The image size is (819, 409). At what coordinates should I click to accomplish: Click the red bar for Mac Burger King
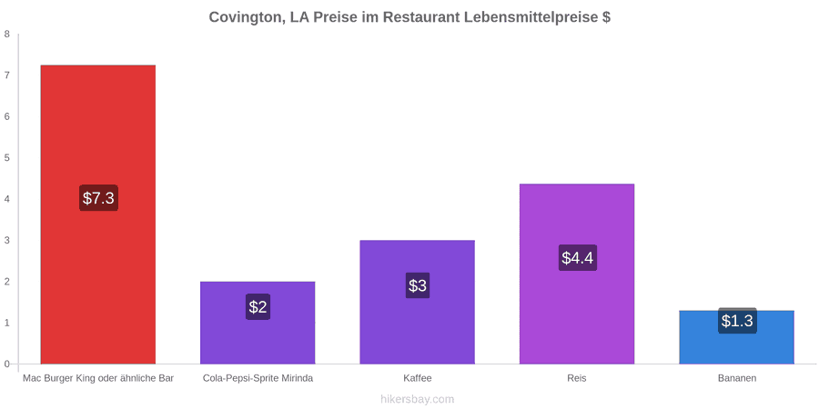pos(98,214)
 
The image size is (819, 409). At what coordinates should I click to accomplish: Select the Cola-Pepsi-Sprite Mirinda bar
pos(258,323)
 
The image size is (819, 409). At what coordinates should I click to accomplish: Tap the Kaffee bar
pos(418,302)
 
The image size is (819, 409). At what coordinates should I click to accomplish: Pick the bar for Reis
pos(577,274)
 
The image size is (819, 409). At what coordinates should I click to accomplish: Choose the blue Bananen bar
pos(736,337)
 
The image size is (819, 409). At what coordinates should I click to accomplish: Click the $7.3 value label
pos(98,198)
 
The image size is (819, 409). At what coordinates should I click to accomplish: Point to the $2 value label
pos(258,307)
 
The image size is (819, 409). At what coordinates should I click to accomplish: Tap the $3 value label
pos(418,285)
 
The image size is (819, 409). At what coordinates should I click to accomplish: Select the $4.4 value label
pos(578,258)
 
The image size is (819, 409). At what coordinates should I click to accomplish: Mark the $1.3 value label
pos(737,321)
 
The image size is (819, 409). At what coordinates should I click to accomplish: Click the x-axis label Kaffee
pos(418,378)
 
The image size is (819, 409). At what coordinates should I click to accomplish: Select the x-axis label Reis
pos(577,378)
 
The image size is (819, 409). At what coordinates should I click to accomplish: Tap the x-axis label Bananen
pos(736,378)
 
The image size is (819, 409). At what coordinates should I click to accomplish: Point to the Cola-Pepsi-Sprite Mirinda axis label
pos(258,378)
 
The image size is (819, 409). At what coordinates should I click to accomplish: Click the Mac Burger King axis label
pos(98,378)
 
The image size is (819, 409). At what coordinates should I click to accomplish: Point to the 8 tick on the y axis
pos(6,35)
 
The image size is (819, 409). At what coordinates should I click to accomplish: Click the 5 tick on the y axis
pos(6,158)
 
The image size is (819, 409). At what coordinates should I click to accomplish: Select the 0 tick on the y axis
pos(6,364)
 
